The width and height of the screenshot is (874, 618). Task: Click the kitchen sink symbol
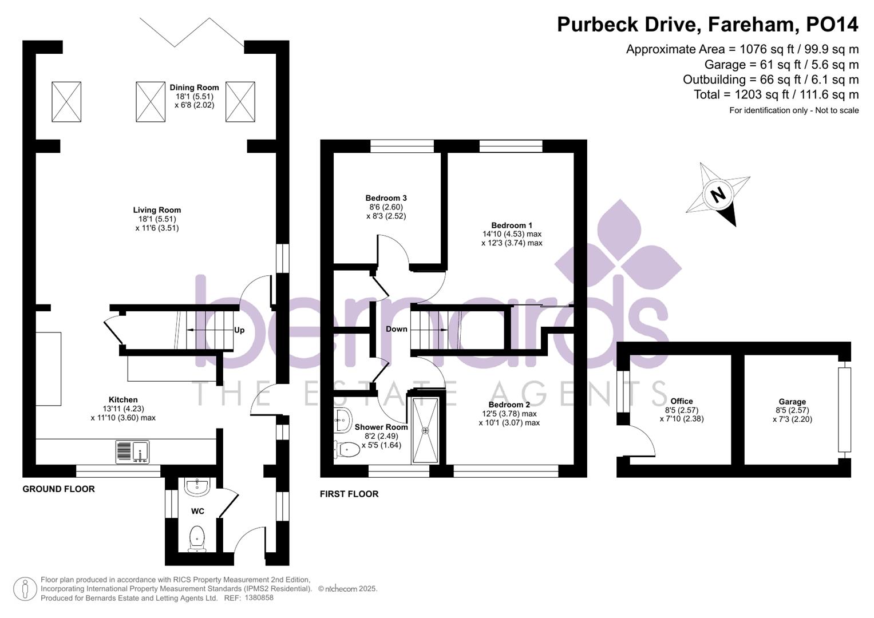click(132, 451)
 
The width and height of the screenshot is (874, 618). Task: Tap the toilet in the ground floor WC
click(197, 538)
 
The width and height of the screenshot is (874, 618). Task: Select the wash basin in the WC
click(197, 487)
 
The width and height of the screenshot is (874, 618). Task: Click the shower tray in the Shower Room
click(425, 430)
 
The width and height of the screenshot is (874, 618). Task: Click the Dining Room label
click(194, 88)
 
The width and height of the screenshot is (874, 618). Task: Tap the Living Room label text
click(157, 210)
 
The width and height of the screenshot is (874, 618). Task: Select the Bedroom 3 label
click(386, 198)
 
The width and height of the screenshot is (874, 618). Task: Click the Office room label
click(681, 401)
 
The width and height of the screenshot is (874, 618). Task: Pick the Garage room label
click(792, 402)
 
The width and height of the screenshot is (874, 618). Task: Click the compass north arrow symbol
click(718, 194)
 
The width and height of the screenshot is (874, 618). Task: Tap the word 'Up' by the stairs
click(239, 330)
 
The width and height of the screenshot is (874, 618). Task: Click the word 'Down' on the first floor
click(396, 329)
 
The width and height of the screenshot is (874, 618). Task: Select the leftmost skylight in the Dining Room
click(66, 102)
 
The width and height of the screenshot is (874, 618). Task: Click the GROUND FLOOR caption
click(58, 489)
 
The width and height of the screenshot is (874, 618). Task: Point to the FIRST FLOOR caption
click(349, 494)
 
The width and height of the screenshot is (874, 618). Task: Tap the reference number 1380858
click(259, 598)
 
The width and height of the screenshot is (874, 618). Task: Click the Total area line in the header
click(776, 94)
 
